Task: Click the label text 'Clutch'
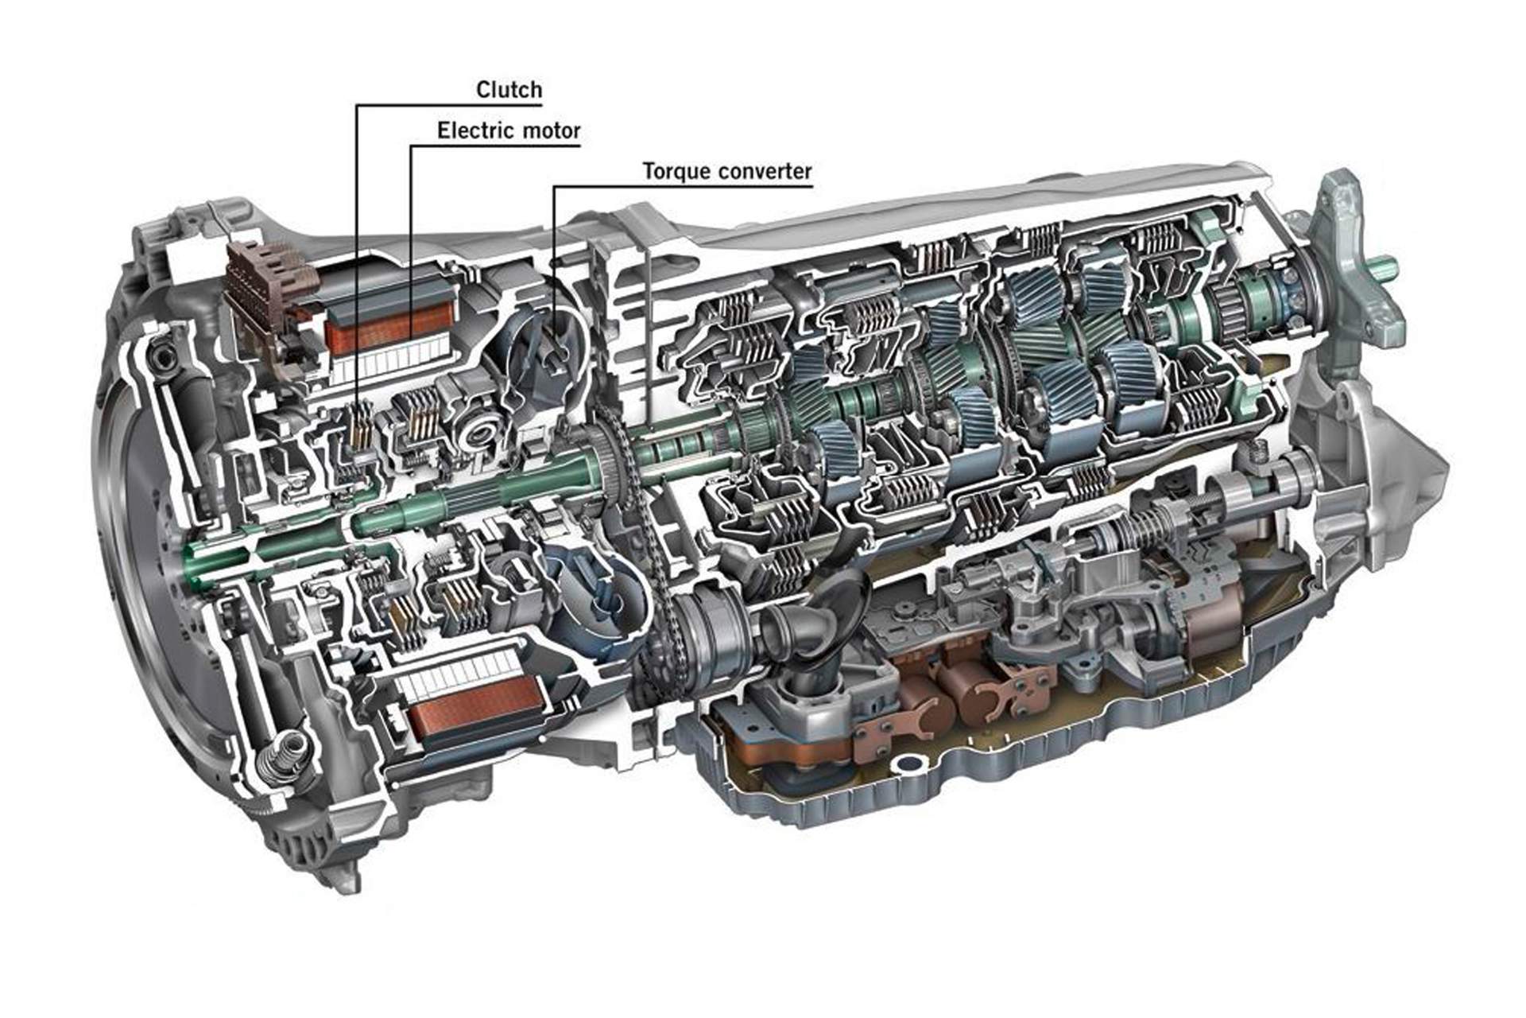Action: (509, 90)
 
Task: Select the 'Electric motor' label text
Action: (509, 130)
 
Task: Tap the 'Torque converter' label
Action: (727, 171)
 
